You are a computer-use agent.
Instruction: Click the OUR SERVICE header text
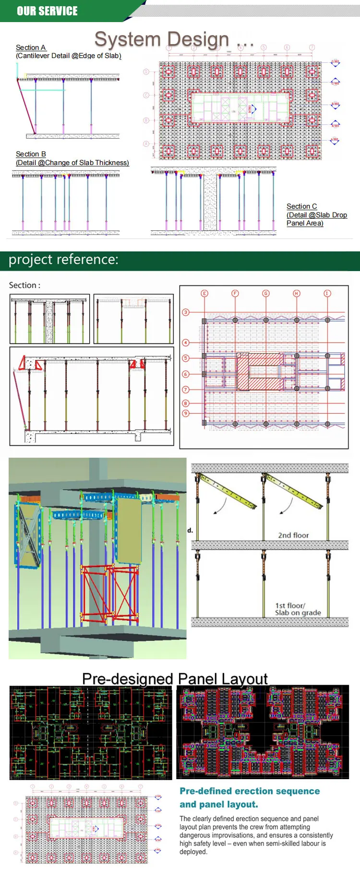point(47,11)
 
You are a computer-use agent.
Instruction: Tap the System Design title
point(162,39)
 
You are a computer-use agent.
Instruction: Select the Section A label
point(31,47)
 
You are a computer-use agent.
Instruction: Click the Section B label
point(31,154)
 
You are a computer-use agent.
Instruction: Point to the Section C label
point(301,206)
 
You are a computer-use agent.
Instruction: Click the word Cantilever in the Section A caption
point(35,56)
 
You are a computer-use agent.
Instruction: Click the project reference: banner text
point(63,260)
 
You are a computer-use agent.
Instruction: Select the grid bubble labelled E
point(204,293)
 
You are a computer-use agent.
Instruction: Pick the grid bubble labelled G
point(266,293)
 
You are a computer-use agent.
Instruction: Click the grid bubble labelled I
point(327,293)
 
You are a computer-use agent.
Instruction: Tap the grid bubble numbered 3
point(186,312)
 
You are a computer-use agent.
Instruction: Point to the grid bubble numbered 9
point(186,413)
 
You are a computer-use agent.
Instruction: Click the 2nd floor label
point(293,535)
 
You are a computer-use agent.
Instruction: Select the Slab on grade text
point(298,613)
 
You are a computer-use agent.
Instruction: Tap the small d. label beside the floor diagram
point(190,530)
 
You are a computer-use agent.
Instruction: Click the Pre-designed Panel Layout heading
point(175,679)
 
